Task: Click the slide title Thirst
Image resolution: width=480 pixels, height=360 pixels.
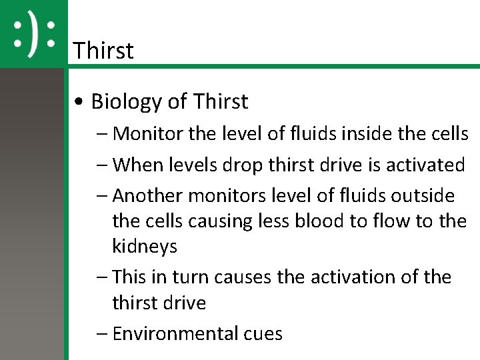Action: click(x=103, y=50)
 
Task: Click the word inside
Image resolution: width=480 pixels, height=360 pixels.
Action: click(x=363, y=134)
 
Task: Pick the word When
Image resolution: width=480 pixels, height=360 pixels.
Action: click(x=137, y=165)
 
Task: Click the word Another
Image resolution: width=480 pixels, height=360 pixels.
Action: click(x=149, y=196)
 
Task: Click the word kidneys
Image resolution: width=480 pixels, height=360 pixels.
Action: click(x=145, y=246)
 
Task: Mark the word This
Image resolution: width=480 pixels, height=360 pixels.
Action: click(x=132, y=277)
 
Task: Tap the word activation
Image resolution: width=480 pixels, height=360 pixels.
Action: click(x=358, y=277)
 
